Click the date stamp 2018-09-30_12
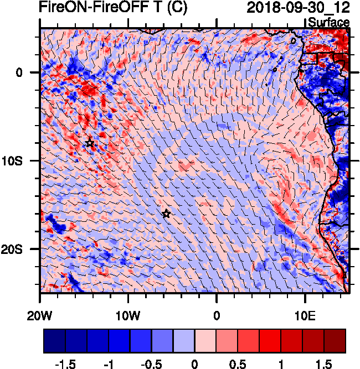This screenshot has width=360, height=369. [x=298, y=8]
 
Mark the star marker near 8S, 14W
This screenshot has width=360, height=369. [x=90, y=143]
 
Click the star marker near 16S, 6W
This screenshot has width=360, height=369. [x=166, y=214]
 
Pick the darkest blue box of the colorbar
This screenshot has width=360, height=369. [x=54, y=341]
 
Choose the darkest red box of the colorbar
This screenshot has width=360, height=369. [x=335, y=341]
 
